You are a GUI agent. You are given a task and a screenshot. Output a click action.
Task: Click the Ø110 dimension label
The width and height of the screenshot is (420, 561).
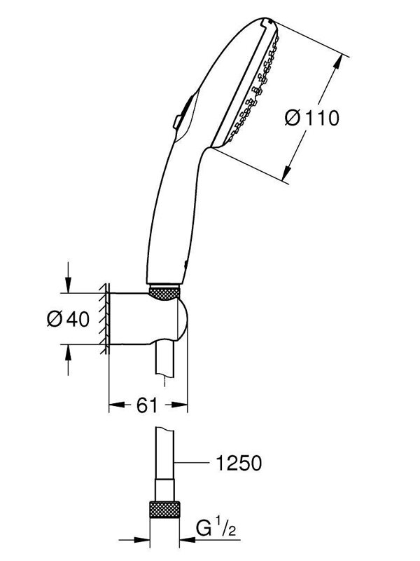(311, 118)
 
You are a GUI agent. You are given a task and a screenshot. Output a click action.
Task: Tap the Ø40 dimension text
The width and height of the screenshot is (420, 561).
(68, 319)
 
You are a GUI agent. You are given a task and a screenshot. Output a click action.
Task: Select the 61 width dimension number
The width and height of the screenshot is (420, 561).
(147, 405)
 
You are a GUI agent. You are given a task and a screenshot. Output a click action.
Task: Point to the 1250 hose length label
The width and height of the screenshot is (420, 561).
(239, 463)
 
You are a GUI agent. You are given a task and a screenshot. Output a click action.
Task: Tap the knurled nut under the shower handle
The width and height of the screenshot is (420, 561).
(164, 291)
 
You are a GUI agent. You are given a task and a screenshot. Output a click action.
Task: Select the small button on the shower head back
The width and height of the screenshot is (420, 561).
(177, 121)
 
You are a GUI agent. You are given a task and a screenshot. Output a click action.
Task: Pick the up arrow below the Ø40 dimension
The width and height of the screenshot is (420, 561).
(68, 360)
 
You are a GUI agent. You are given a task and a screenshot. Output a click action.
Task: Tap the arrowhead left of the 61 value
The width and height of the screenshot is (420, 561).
(118, 405)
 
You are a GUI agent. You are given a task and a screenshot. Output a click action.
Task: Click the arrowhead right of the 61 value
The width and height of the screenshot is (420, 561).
(177, 405)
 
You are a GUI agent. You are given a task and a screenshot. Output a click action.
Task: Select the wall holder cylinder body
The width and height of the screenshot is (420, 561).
(143, 319)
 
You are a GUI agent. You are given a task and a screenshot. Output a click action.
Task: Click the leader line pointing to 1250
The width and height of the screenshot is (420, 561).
(191, 463)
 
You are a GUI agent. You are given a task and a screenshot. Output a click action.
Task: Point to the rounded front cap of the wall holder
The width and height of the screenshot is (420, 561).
(182, 319)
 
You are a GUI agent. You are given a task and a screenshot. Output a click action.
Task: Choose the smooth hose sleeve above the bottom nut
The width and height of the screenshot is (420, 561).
(165, 489)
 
